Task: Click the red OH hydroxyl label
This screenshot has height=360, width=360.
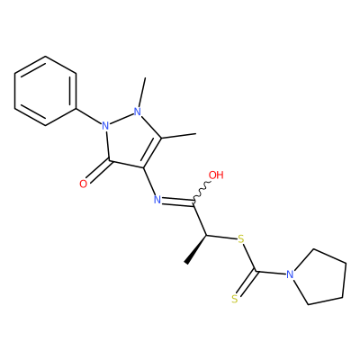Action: pos(216,175)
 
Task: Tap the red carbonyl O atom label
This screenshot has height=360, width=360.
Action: pos(84,184)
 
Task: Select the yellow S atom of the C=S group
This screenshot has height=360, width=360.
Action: pos(235,299)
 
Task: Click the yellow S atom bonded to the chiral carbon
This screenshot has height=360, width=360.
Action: pos(240,239)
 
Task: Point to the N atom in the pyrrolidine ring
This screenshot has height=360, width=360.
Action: pos(290,274)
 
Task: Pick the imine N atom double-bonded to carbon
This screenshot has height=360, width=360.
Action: pos(157,200)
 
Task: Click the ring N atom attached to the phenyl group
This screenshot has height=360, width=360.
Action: pos(105,125)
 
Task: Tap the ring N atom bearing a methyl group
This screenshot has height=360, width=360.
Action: pos(138,112)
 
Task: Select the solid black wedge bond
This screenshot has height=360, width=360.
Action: pos(196,249)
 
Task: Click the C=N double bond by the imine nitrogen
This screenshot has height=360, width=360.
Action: pos(178,202)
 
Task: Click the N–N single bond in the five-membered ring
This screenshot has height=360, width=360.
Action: pos(121,119)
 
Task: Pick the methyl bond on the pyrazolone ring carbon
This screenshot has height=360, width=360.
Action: pos(179,136)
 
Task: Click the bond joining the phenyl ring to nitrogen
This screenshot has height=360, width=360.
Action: pos(88,116)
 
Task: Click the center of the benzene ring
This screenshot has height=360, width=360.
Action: pos(45,91)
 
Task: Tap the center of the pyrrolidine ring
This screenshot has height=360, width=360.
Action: pos(319,276)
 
